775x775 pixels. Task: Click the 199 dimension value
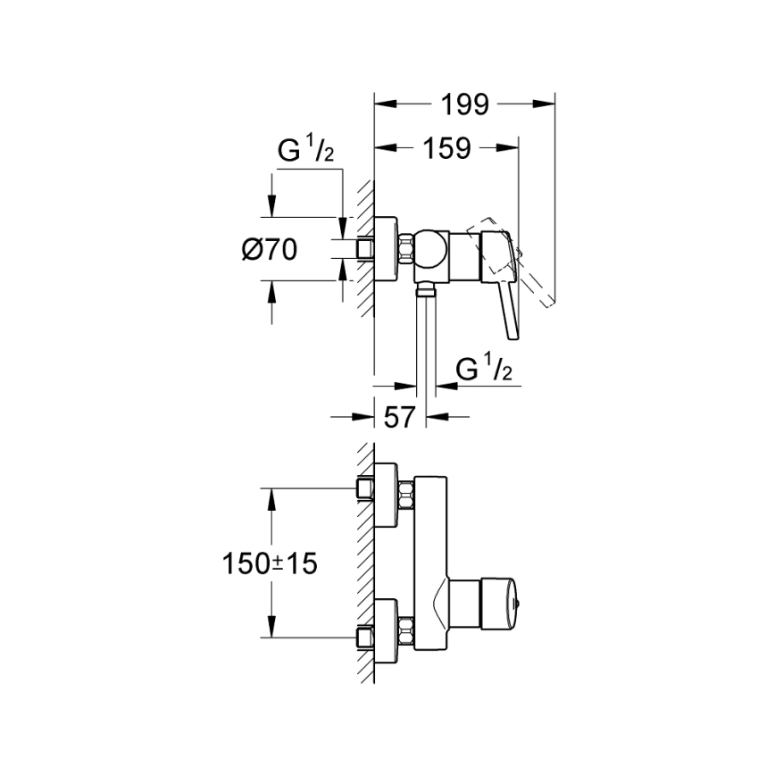click(464, 104)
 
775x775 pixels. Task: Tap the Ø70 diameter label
click(269, 251)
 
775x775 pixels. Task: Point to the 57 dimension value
click(400, 416)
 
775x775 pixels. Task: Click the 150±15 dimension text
click(271, 563)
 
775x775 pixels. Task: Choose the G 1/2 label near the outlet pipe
click(482, 368)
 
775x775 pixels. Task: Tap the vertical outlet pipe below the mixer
click(426, 339)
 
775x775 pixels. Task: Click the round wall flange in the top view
click(385, 250)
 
